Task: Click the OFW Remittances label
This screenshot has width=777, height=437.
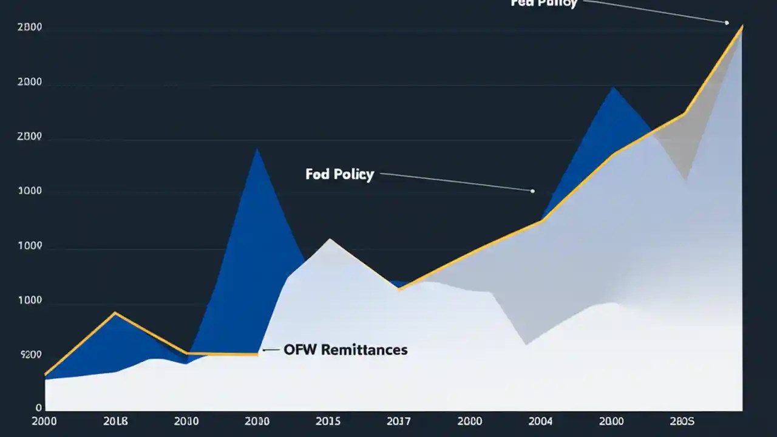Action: pyautogui.click(x=345, y=350)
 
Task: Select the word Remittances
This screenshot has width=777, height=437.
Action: pyautogui.click(x=364, y=350)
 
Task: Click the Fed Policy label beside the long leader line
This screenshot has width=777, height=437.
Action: pyautogui.click(x=339, y=175)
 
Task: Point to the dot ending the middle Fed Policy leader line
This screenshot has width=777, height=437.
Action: pyautogui.click(x=532, y=191)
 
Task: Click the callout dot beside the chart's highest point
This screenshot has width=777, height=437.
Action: pyautogui.click(x=727, y=22)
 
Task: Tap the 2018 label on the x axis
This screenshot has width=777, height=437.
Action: pyautogui.click(x=116, y=421)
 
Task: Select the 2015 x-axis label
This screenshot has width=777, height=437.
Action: pyautogui.click(x=328, y=421)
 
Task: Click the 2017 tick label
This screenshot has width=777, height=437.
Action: pyautogui.click(x=399, y=421)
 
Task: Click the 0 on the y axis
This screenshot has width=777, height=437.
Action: pyautogui.click(x=39, y=408)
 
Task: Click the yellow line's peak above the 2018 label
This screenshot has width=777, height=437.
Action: pyautogui.click(x=115, y=313)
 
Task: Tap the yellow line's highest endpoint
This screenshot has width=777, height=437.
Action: pyautogui.click(x=742, y=26)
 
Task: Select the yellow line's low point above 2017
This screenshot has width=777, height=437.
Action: pyautogui.click(x=399, y=290)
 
